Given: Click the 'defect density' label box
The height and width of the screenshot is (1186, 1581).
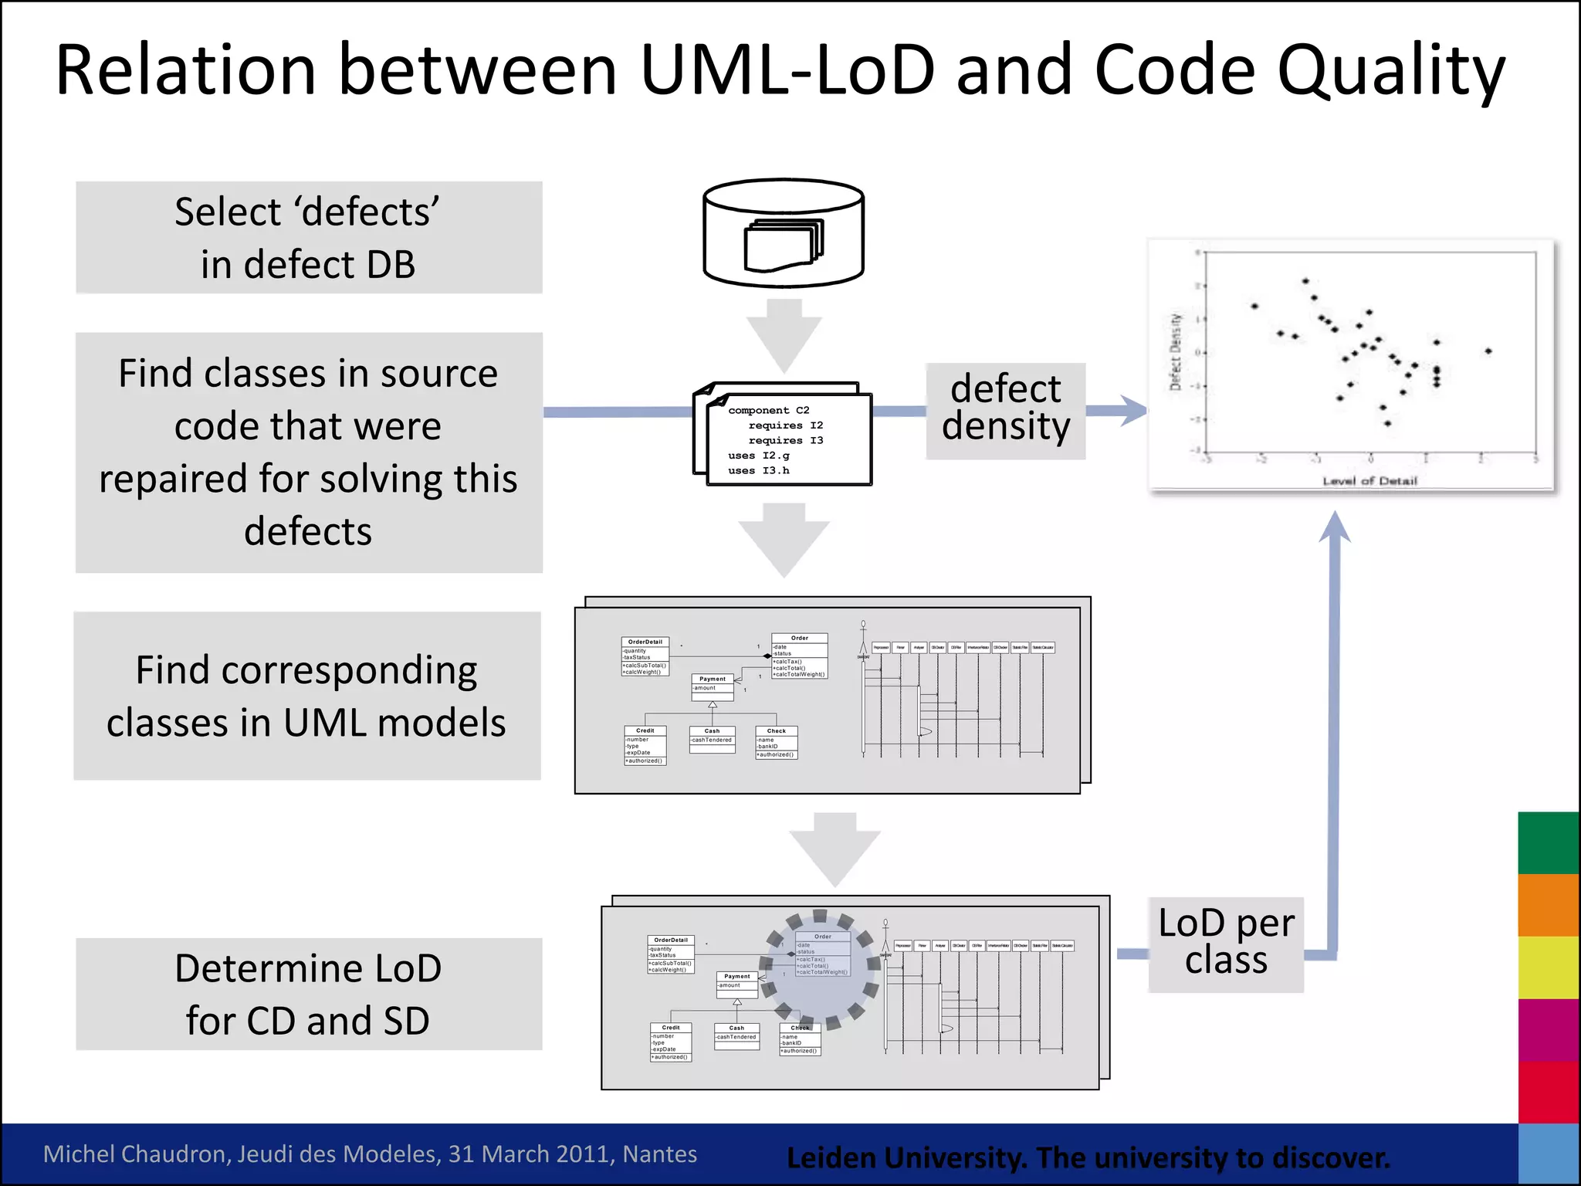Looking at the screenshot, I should pos(1005,411).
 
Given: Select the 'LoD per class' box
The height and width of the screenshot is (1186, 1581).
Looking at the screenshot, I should pos(1226,944).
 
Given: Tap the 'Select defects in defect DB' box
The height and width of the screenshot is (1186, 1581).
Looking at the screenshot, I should pos(309,238).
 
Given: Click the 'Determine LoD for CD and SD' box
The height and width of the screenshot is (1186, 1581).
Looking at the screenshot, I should pos(309,994).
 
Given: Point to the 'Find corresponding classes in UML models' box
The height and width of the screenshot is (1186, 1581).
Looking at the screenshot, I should pos(307,696).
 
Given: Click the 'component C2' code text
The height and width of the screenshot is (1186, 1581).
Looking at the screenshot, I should pos(769,410).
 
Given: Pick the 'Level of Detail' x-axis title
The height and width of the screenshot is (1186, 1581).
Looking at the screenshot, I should pos(1369,481).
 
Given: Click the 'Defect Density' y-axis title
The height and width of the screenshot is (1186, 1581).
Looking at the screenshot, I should pos(1175,352).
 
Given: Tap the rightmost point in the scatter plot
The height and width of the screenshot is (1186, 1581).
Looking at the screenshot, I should pos(1488,351).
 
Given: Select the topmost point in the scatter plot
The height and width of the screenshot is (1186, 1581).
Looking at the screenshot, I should pos(1305,281).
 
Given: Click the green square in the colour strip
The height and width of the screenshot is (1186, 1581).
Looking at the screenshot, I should pos(1548,842).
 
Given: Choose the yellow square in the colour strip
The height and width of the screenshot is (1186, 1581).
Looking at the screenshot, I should pos(1548,967).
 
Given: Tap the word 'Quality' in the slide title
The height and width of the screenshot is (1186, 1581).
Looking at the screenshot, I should pos(1390,71).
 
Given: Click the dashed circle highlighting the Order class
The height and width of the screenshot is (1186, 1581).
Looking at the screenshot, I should pos(820,971).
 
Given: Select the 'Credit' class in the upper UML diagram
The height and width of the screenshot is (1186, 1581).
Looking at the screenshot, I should pos(645,745).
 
